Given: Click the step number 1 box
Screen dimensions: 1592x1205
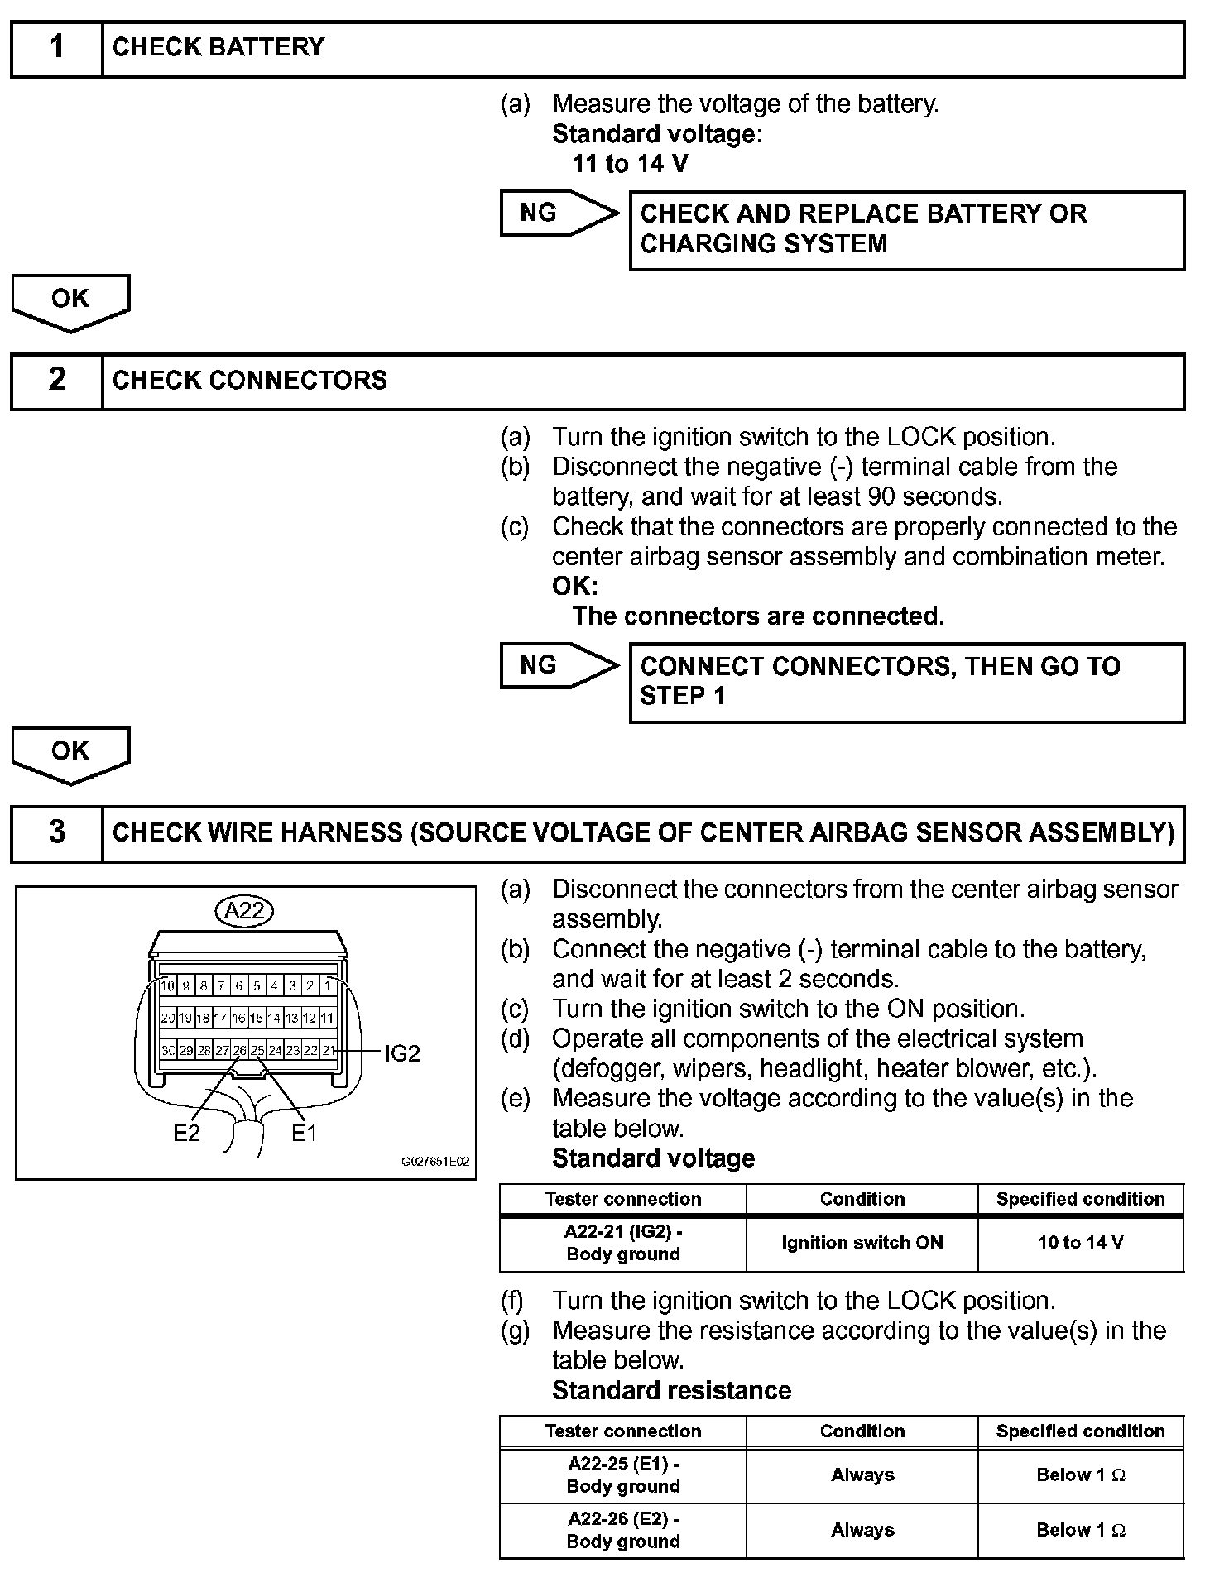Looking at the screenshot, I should pos(56,48).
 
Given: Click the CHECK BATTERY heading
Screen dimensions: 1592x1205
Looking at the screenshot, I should pos(218,48).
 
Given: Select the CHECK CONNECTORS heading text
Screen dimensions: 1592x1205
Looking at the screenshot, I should pos(250,381).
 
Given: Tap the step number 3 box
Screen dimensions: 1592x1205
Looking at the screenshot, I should pos(56,832).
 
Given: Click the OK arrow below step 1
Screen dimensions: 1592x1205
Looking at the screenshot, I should pos(70,300).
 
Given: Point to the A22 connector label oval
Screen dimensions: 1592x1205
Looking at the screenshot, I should pos(245,911).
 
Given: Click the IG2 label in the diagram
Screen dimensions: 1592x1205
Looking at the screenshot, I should pos(402,1053).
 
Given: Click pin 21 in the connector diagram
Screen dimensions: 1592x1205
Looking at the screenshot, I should pos(329,1051).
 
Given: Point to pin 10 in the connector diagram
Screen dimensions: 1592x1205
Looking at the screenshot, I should pos(168,986).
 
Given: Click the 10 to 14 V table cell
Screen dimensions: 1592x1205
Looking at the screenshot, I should pos(1080,1243).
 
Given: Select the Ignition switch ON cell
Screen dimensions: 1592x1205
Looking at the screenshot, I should pos(862,1243).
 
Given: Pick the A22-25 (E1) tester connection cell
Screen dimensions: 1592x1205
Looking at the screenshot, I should pos(622,1475).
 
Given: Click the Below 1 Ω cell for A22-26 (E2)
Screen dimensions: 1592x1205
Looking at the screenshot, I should pos(1080,1530).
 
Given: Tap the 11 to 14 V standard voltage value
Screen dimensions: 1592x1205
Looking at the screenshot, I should pos(630,164).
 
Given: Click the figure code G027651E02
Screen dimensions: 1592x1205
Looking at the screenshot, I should pos(435,1162).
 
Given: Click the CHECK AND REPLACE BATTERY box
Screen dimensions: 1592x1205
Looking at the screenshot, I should pos(906,229).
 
